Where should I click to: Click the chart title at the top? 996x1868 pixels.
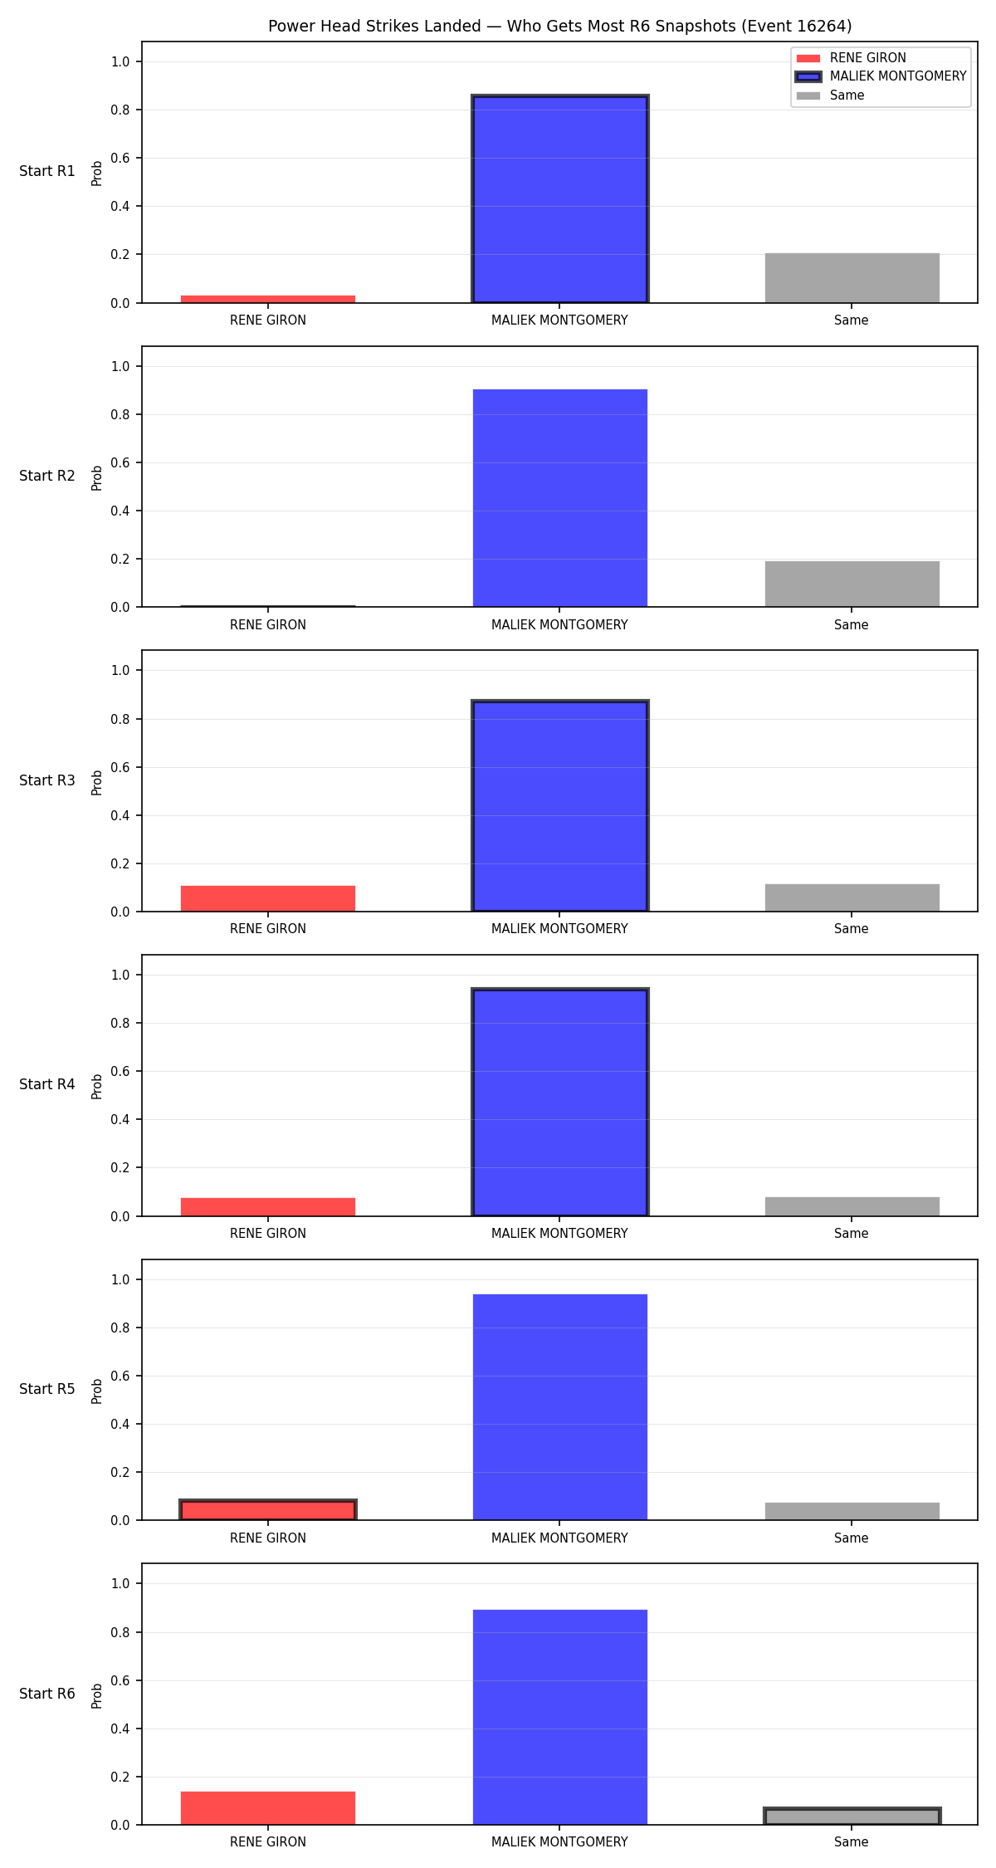559,26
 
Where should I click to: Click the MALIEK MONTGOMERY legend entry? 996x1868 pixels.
881,76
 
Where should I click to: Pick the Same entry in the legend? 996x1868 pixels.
830,95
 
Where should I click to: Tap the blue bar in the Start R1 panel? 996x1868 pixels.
560,199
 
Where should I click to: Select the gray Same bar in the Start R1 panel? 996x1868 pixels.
852,278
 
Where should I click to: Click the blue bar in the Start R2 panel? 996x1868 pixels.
560,498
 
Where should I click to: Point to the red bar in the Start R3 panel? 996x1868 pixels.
268,899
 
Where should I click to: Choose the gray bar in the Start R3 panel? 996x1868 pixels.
852,898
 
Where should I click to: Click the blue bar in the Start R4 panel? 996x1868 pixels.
560,1103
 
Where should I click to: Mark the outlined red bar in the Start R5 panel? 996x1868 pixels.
268,1510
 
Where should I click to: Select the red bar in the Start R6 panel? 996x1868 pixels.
268,1808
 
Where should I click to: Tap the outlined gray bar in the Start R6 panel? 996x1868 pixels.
852,1817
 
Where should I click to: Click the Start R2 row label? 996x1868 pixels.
47,476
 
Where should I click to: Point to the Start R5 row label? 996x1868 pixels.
47,1389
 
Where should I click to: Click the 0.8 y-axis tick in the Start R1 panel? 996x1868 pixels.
120,110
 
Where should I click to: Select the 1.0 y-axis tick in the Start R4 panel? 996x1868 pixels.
120,975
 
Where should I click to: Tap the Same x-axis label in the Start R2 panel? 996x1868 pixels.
852,625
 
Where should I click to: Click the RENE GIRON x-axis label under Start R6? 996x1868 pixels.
268,1842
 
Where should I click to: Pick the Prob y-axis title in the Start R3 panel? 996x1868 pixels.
97,782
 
